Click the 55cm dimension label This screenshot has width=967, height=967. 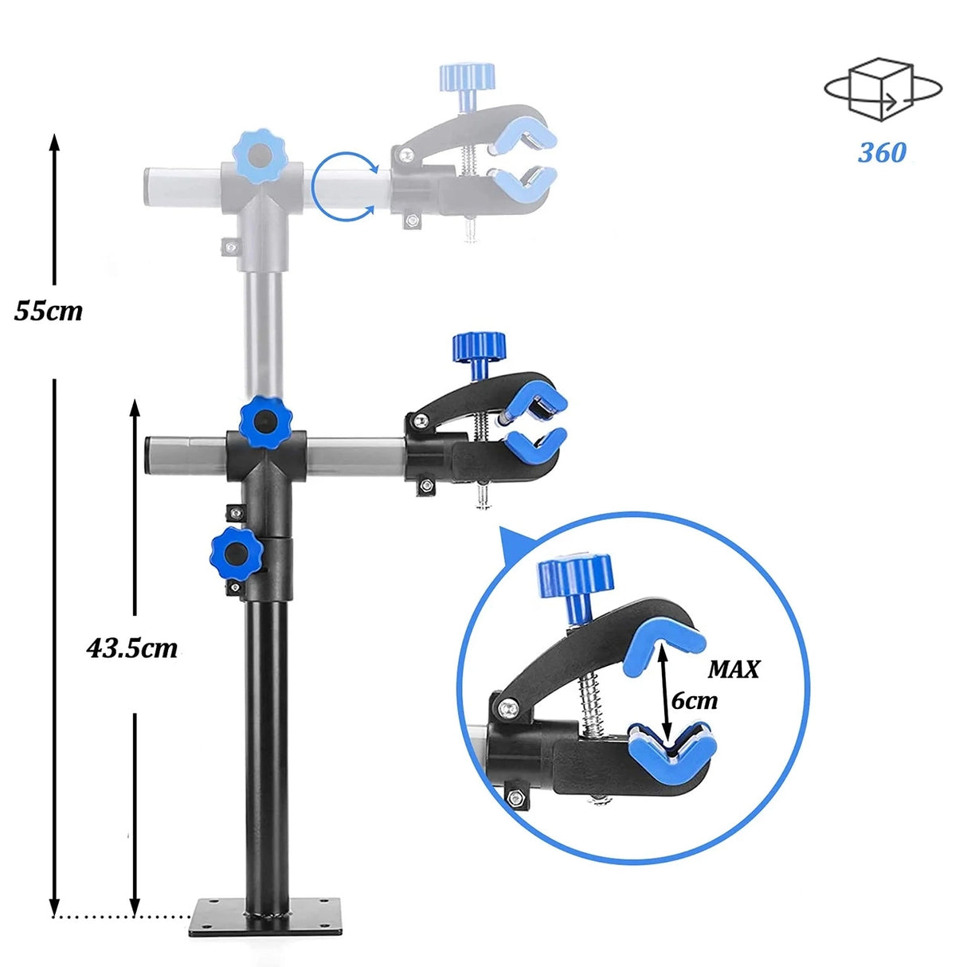click(x=48, y=310)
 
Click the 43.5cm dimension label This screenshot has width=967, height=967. click(x=131, y=648)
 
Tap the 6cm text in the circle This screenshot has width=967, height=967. click(x=694, y=700)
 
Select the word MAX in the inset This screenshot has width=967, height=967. click(x=734, y=669)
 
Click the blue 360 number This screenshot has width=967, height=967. click(x=882, y=152)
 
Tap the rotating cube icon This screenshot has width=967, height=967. click(x=883, y=88)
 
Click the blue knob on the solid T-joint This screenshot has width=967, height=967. click(x=266, y=421)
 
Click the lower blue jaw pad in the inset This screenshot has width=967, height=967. click(x=672, y=749)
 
